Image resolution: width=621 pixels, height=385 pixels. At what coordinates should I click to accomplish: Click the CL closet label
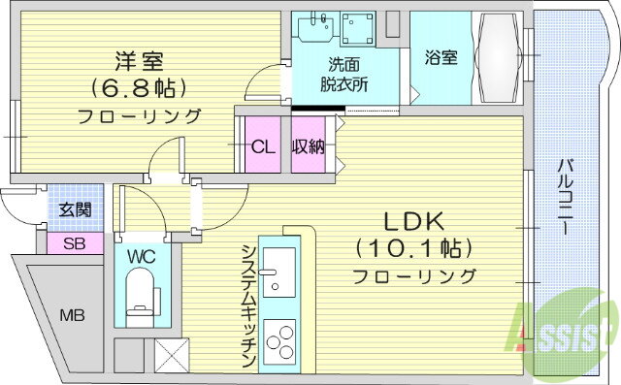[x=261, y=147]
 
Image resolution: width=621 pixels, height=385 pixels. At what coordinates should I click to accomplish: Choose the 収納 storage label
[x=309, y=147]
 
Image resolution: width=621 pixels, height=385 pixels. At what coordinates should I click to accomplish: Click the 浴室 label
[x=441, y=57]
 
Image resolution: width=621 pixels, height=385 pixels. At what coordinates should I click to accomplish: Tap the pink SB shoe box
[x=75, y=243]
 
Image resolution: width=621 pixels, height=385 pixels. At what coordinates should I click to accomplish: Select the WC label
[x=142, y=257]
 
